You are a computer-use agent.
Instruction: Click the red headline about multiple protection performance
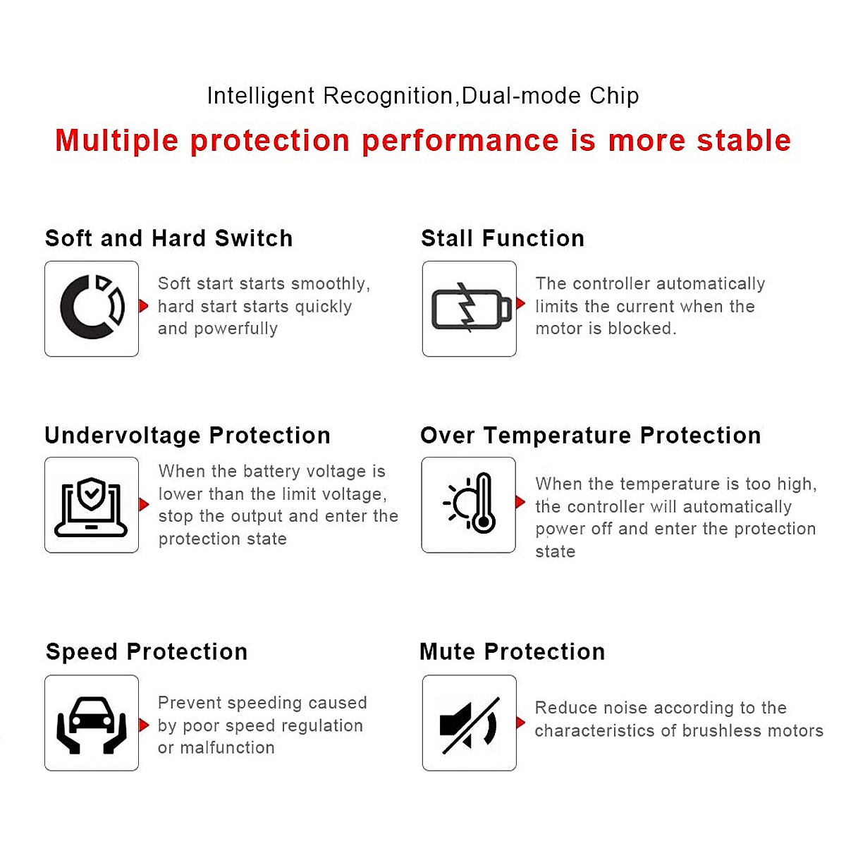pos(423,140)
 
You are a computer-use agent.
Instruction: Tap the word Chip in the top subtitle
pos(614,96)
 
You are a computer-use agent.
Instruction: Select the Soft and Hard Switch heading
pos(169,238)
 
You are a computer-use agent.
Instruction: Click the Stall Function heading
pos(503,238)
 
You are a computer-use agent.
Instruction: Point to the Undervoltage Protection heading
pos(188,436)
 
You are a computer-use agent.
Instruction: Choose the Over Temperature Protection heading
pos(591,436)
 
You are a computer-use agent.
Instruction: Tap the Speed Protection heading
pos(147,651)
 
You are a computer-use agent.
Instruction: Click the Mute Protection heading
pos(513,651)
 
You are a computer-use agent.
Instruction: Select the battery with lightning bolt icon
pos(472,307)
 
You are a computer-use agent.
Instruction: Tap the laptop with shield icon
pos(91,507)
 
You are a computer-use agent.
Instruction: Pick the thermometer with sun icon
pos(470,503)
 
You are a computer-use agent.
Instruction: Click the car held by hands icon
pos(92,725)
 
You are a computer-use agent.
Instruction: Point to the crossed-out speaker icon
pos(470,725)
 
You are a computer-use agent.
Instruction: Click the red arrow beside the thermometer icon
pos(520,502)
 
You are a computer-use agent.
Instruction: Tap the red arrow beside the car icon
pos(144,725)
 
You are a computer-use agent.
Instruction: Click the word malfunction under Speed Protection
pos(228,748)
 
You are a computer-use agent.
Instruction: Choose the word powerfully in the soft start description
pos(235,329)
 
